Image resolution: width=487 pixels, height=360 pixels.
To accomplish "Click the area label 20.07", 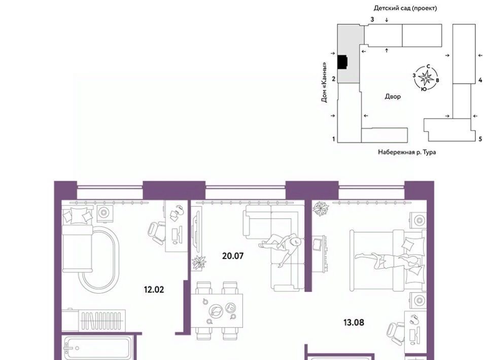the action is coord(233,256).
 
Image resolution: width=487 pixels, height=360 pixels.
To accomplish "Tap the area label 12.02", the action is coord(154,290).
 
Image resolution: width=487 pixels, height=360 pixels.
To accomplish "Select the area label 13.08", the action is coord(354,322).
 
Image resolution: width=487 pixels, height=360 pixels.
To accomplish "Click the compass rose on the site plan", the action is coord(426,78).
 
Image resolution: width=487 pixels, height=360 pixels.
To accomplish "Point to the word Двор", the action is coord(393,96).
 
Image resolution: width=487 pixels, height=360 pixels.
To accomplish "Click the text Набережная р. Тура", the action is coord(406,152).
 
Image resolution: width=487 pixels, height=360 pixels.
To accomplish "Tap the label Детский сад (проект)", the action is coord(405,8).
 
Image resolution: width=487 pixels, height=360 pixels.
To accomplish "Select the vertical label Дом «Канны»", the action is coord(324,82).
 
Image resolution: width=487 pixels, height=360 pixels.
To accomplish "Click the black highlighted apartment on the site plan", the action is coord(342,62).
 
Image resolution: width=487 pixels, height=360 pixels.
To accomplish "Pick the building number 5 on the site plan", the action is coord(480,139).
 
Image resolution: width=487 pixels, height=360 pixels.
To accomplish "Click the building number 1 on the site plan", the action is coord(334,139).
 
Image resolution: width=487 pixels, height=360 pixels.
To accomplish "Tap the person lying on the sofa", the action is coord(280,247).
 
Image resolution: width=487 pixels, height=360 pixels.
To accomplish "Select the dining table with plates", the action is coord(217,310).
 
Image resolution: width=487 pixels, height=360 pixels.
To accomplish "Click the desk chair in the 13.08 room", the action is coord(396,334).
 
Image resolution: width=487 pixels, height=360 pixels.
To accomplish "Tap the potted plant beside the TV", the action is coord(199,263).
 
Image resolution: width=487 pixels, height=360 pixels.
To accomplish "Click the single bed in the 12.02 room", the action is coord(78,239).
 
